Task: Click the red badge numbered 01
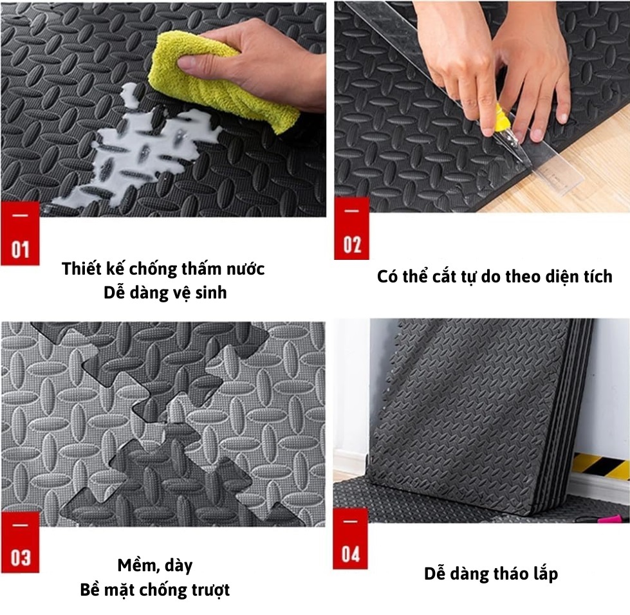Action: tap(20, 234)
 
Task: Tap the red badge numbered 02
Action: tap(351, 228)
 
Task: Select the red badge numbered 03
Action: tap(20, 542)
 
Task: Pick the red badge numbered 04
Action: tap(350, 538)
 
